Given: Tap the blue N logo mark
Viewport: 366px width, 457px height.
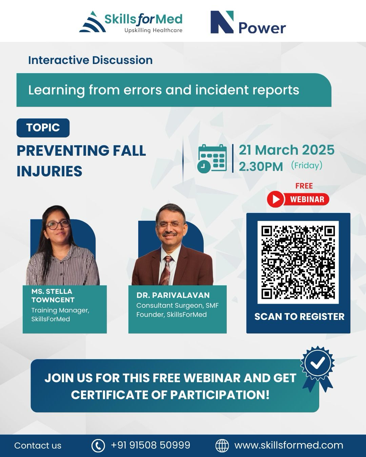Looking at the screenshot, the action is point(222,22).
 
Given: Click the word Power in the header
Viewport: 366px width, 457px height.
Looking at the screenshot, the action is point(262,28).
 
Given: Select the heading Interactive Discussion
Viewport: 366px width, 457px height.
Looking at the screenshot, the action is point(90,60).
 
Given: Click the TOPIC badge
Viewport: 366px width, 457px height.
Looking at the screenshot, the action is point(43,128).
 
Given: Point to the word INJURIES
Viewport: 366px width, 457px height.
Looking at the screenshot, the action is point(49,171).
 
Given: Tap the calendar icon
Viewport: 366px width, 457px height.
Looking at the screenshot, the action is point(212,159).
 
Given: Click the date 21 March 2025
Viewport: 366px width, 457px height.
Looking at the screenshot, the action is point(287,150).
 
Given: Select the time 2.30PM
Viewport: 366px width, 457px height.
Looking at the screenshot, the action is point(261,167).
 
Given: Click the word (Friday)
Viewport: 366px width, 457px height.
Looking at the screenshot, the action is point(307,166).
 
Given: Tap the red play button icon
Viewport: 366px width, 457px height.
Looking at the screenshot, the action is point(276,199).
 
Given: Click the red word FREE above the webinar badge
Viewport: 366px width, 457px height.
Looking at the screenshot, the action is point(304,186).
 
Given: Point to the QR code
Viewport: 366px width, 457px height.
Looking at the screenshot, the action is point(298,262).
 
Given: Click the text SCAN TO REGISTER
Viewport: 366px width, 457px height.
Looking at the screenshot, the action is point(300,317).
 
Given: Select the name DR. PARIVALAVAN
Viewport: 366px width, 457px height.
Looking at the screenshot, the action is point(173,295).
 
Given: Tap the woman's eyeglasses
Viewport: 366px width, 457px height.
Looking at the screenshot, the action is point(58,224).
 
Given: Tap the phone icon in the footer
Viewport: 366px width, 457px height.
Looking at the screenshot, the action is point(98,445).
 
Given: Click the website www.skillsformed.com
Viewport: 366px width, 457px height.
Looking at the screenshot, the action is point(289,445).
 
